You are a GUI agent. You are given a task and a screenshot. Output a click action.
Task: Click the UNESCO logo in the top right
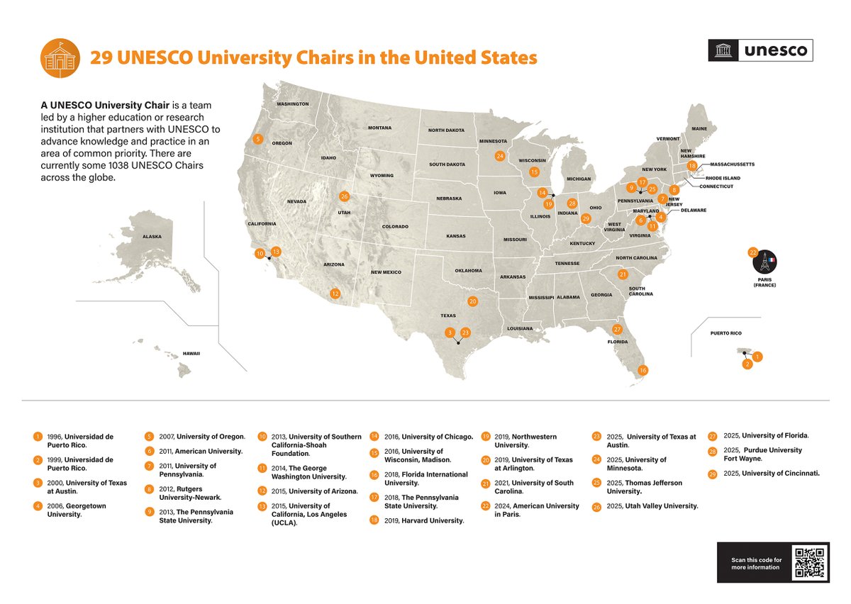point(760,50)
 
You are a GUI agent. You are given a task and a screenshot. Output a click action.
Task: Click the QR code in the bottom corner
point(808,563)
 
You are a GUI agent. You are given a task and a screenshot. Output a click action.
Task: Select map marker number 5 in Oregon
point(258,139)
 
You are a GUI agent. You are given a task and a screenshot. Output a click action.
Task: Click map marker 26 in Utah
point(345,196)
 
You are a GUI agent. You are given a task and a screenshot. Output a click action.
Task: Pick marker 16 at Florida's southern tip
point(643,370)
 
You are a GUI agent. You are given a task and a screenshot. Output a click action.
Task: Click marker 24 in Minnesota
point(501,156)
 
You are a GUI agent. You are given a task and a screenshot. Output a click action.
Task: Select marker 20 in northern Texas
point(473,301)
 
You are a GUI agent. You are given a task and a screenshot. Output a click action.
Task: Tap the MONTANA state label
point(379,128)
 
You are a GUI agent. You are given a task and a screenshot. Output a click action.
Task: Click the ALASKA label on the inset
point(152,237)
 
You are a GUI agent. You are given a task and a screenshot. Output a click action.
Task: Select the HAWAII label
point(191,353)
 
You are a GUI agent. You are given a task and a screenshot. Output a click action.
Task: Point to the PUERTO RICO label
point(725,332)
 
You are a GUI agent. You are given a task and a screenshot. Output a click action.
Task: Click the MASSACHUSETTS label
point(732,164)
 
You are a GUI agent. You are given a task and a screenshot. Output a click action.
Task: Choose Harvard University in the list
point(432,520)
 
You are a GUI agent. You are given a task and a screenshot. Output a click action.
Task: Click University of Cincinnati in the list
point(780,473)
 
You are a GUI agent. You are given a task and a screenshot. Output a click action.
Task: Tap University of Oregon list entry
point(211,437)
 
